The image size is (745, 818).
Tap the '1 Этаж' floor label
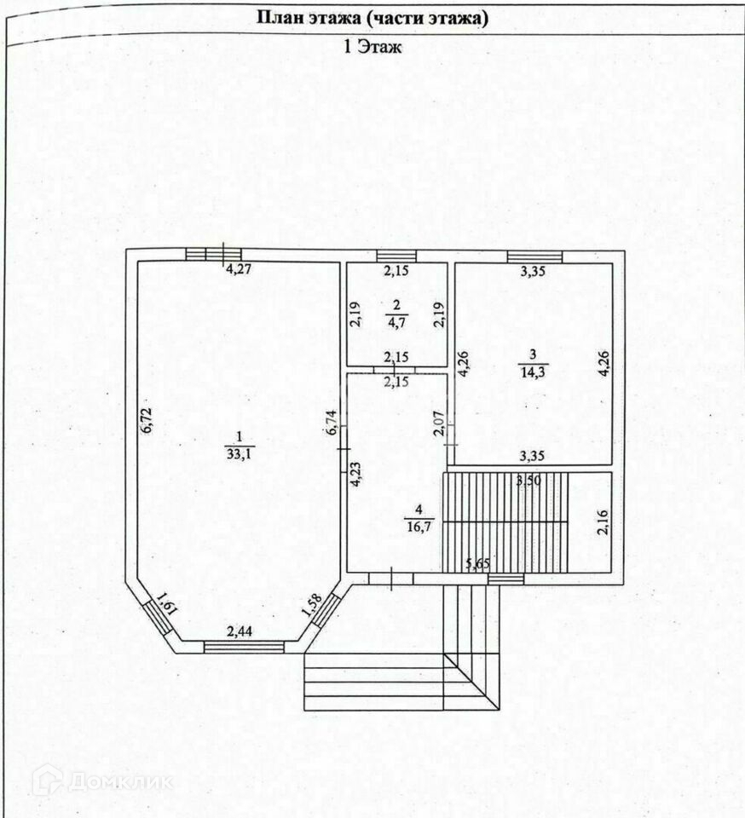[x=372, y=48]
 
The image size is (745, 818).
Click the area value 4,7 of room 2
[x=395, y=323]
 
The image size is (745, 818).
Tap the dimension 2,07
[x=441, y=423]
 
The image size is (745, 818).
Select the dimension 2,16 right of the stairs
[x=601, y=520]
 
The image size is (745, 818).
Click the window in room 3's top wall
[x=534, y=256]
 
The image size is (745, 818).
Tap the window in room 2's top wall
[x=395, y=256]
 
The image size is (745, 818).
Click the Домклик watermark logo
[x=102, y=780]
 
